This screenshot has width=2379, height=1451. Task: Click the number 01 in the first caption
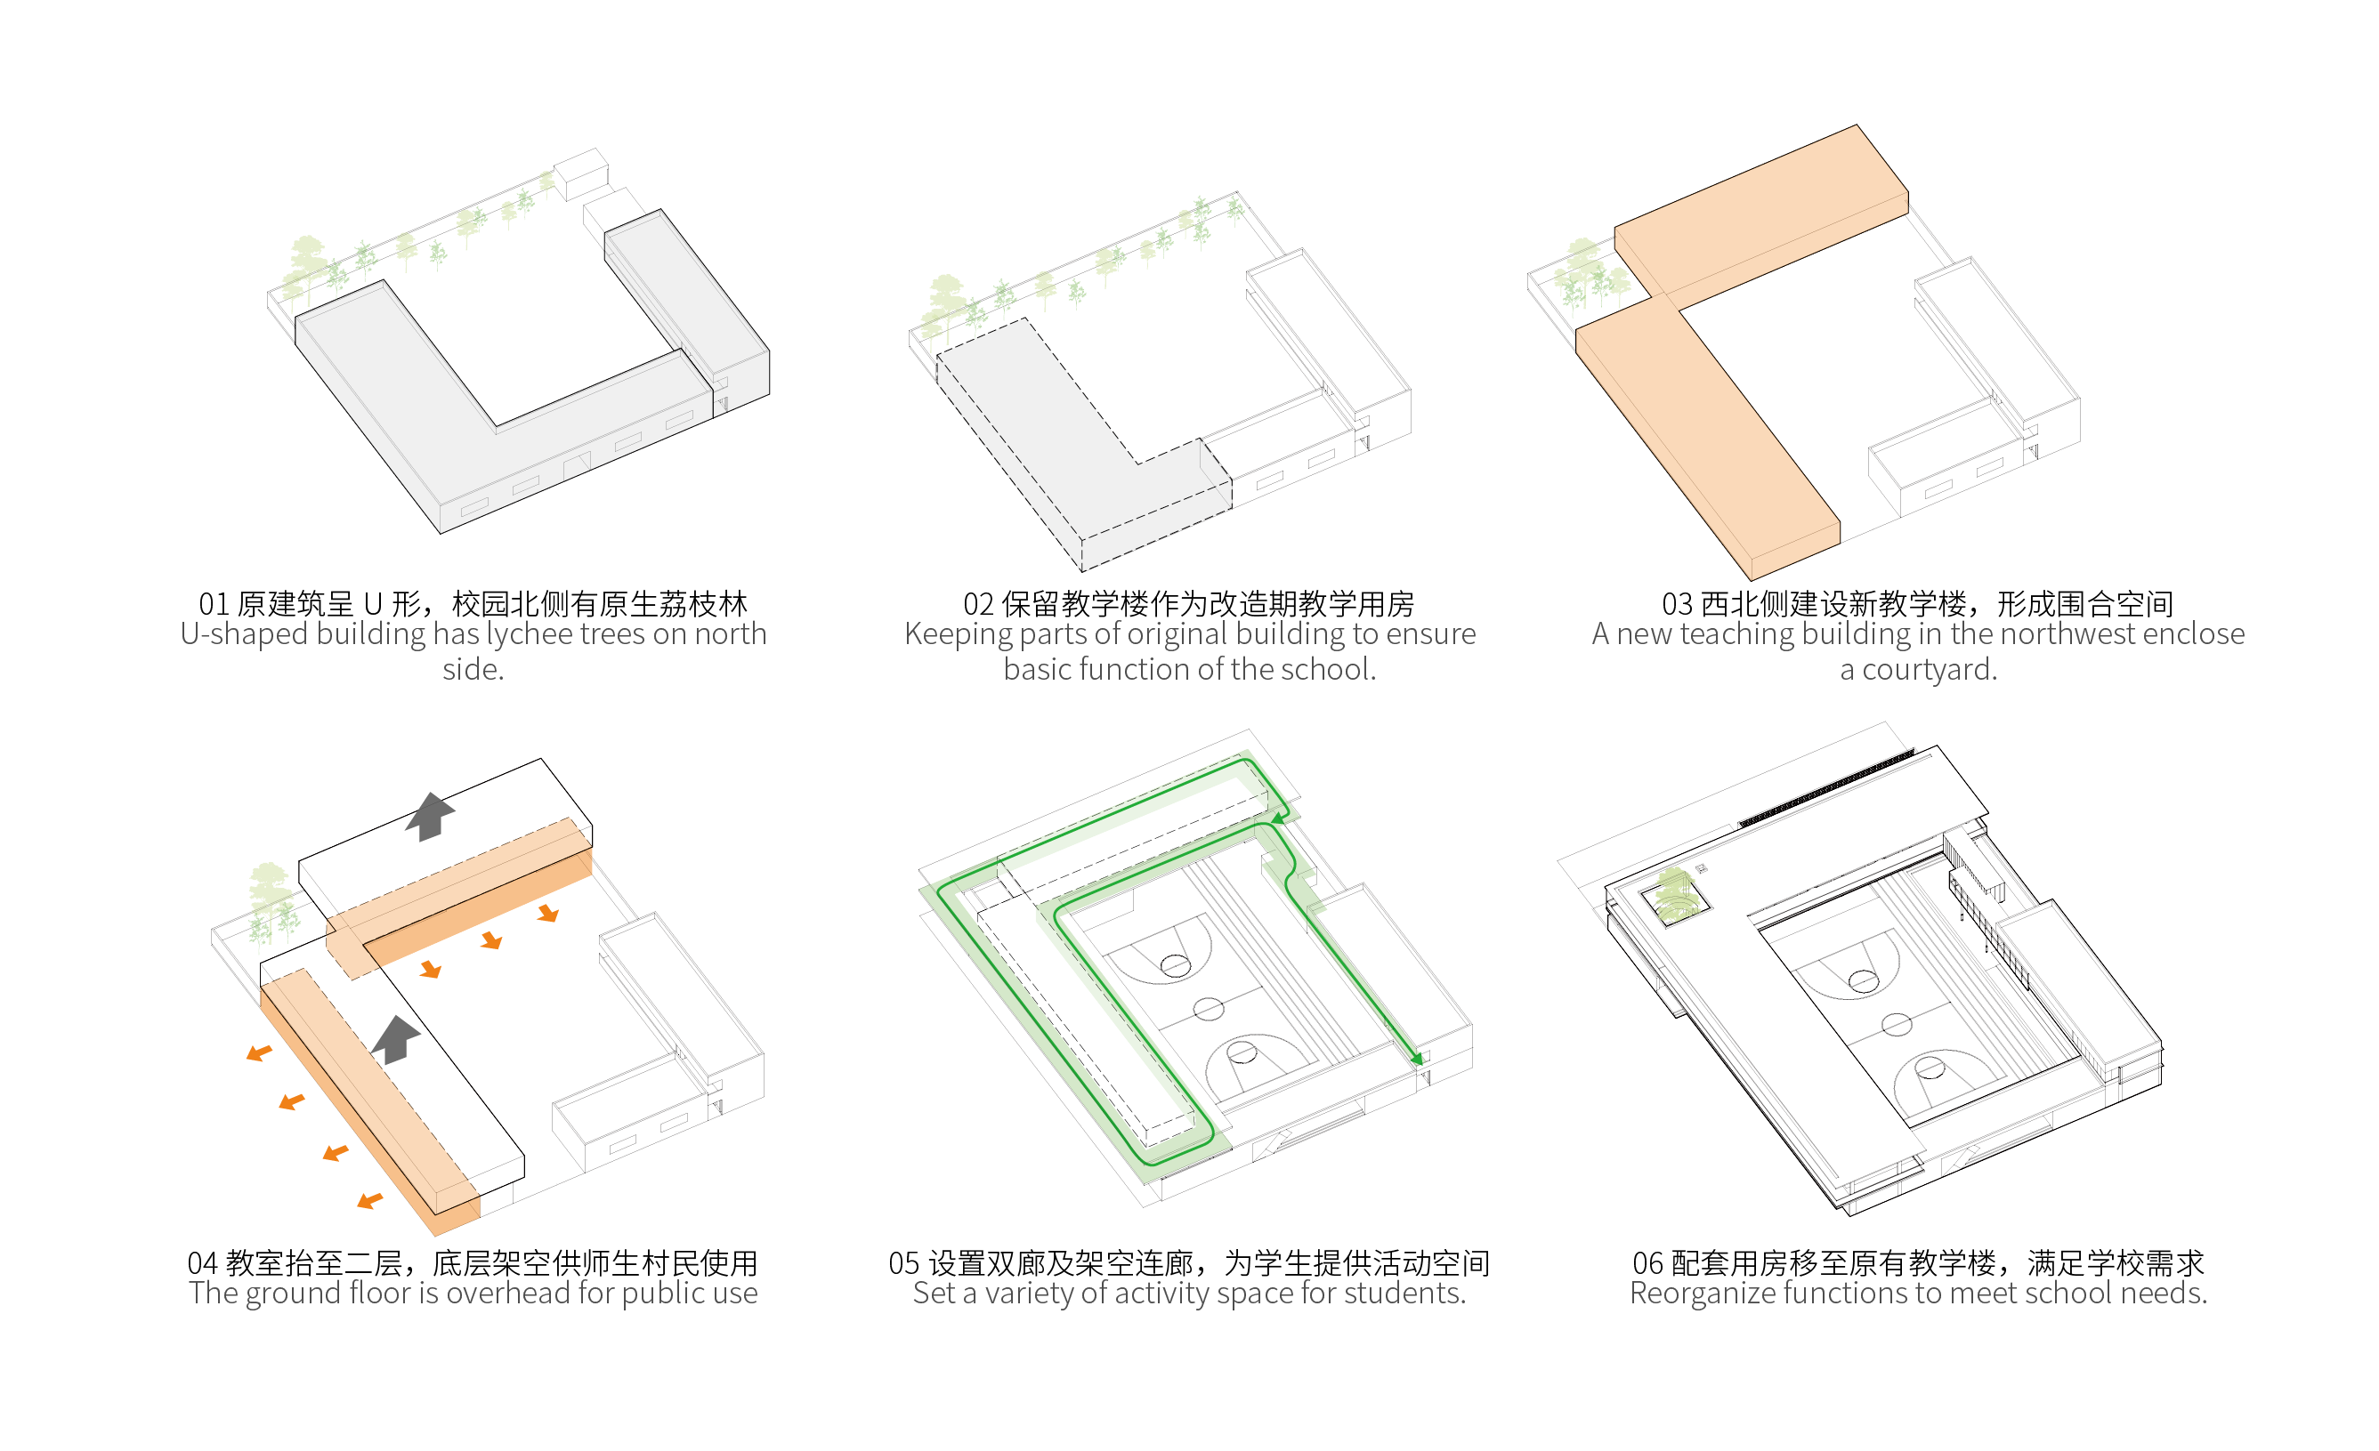(214, 605)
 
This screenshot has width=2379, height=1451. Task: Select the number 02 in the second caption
(978, 605)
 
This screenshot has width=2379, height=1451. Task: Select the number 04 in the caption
(202, 1263)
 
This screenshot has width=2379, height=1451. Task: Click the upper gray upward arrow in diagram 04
(430, 816)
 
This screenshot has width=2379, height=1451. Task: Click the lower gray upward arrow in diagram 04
(396, 1039)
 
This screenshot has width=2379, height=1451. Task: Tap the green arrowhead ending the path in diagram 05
(1416, 1059)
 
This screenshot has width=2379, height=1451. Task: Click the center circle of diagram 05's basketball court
(1208, 1010)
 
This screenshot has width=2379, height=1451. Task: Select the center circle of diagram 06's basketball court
(1897, 1024)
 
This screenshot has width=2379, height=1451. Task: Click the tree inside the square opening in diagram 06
(1676, 894)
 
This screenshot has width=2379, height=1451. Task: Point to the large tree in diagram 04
(270, 888)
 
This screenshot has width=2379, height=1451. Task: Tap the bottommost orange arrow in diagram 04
(369, 1201)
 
